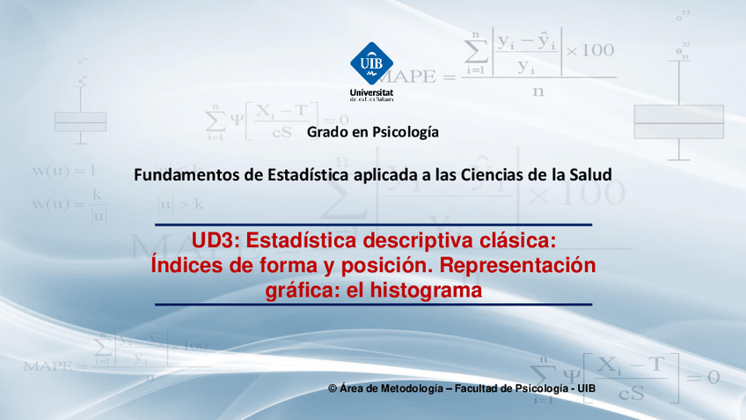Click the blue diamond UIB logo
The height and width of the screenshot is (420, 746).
372,63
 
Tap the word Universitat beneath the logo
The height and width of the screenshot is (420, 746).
372,92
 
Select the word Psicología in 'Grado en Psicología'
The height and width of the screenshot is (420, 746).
406,133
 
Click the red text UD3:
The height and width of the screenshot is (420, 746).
215,240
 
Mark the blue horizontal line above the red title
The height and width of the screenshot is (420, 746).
373,225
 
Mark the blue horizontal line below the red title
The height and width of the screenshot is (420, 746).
373,305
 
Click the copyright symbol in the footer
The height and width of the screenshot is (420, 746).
333,388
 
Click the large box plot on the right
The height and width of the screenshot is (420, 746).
678,121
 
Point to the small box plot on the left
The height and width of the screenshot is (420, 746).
80,121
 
